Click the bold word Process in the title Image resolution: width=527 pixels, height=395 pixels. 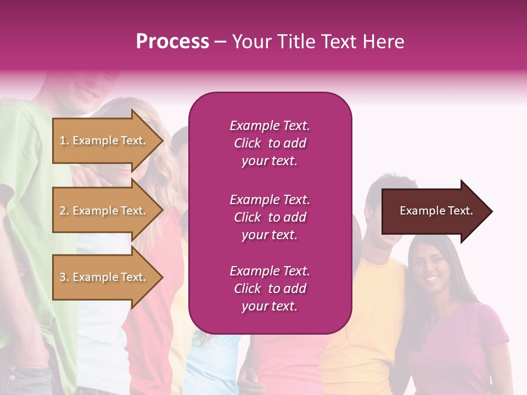point(172,42)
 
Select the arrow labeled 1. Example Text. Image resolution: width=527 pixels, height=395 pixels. point(104,140)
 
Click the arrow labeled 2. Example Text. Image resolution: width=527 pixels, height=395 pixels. point(104,211)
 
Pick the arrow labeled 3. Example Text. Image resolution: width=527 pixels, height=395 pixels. point(104,277)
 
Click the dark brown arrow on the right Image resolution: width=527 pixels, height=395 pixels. point(434,211)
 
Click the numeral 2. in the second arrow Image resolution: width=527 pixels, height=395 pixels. point(64,211)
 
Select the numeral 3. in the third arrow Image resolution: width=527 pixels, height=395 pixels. point(64,277)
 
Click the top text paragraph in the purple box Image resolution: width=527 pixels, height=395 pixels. point(270,143)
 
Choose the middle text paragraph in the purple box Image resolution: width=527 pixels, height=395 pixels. point(270,217)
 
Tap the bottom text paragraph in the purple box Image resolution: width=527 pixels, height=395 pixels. point(270,289)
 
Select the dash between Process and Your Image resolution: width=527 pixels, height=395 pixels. point(221,42)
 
